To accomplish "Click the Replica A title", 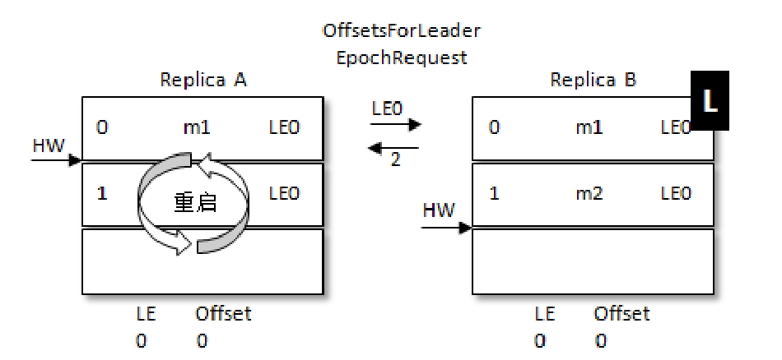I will click(x=203, y=80).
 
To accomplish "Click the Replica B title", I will click(x=593, y=80).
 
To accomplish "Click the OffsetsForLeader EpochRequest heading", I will click(x=401, y=45).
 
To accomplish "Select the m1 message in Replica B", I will click(x=589, y=129).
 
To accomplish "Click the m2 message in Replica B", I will click(x=589, y=195).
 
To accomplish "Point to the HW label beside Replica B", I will click(x=438, y=210).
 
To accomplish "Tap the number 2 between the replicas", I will click(x=396, y=160).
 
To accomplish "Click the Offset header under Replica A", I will click(x=223, y=313).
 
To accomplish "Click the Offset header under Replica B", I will click(x=621, y=313).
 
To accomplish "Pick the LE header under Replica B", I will click(x=545, y=313).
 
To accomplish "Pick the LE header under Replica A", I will click(x=146, y=313).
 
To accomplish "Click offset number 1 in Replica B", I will click(x=494, y=195).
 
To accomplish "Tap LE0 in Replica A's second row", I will click(x=285, y=195).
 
